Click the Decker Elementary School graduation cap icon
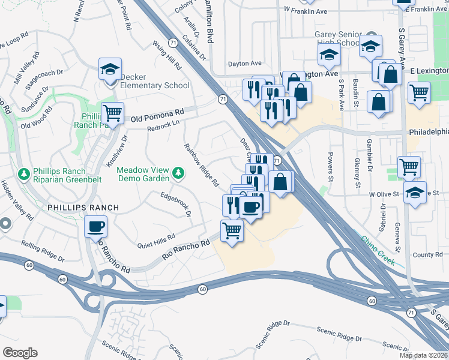pyautogui.click(x=110, y=70)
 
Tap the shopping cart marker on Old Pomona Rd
pyautogui.click(x=112, y=112)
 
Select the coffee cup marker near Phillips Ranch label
pyautogui.click(x=97, y=227)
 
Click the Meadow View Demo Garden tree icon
pyautogui.click(x=178, y=174)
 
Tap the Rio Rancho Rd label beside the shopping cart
pyautogui.click(x=186, y=250)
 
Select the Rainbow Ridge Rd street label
pyautogui.click(x=201, y=165)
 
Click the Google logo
pyautogui.click(x=20, y=353)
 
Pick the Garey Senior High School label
pyautogui.click(x=339, y=39)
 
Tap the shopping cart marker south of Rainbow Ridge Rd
pyautogui.click(x=232, y=230)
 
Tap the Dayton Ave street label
pyautogui.click(x=245, y=63)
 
